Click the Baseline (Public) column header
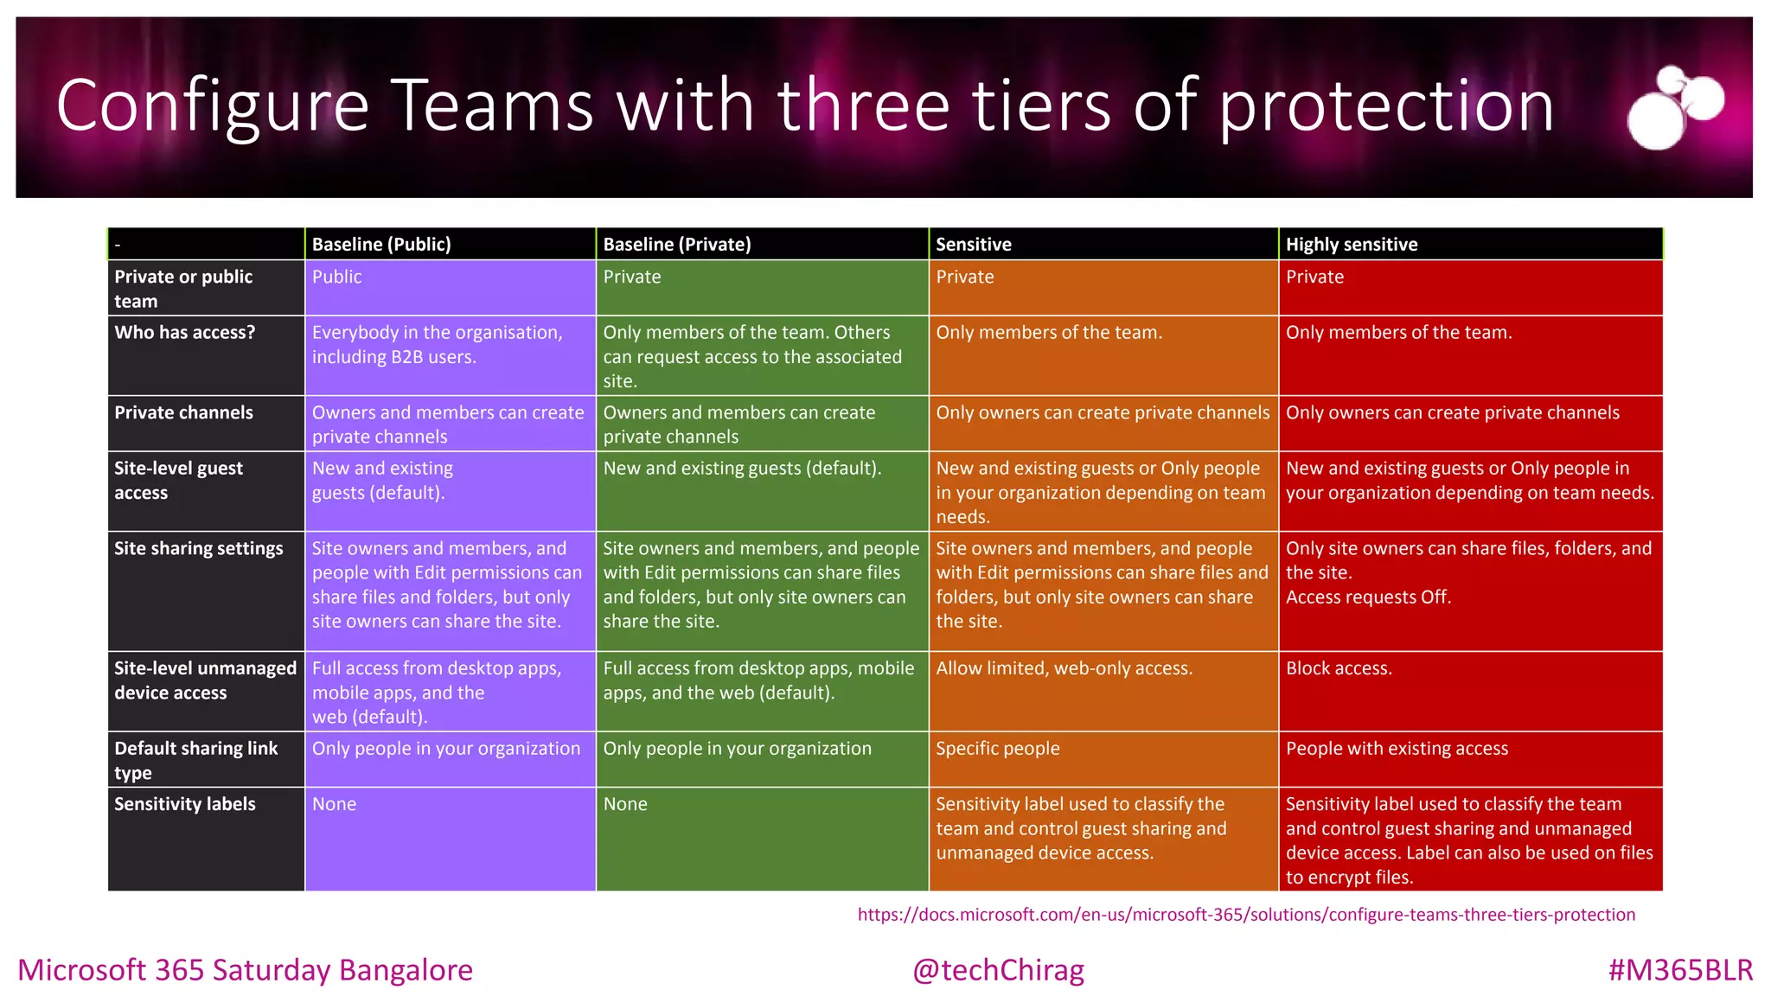(381, 245)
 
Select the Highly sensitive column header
(1352, 245)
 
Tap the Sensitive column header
(974, 245)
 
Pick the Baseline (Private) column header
(677, 245)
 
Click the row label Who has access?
(185, 333)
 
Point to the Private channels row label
(184, 413)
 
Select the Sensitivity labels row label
(185, 804)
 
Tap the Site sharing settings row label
(199, 549)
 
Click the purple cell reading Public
(337, 278)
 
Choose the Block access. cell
(1339, 668)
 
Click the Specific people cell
(998, 749)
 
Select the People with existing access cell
(1397, 749)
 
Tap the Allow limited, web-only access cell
(1064, 668)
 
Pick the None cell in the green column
(625, 804)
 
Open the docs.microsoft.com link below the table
(1246, 915)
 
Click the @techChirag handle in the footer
(998, 970)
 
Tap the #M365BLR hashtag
(1680, 970)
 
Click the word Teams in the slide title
(494, 105)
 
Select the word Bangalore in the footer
(406, 970)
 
